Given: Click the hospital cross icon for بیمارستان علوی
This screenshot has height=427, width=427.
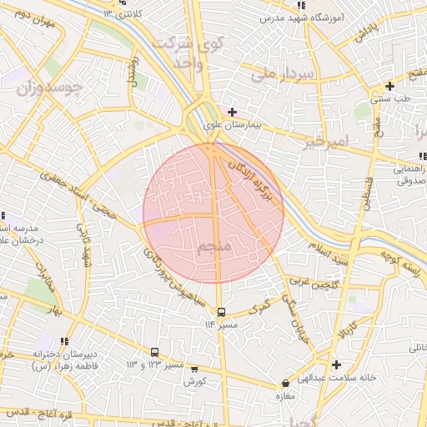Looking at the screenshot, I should coord(232,111).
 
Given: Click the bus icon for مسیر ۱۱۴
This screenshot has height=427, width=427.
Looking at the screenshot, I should coord(221,313).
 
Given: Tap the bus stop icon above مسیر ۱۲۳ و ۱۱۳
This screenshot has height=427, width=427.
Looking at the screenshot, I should coord(154,352).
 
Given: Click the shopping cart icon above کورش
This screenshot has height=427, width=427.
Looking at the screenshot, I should coord(194,369).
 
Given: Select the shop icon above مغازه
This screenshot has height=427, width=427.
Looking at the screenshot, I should coord(286,384).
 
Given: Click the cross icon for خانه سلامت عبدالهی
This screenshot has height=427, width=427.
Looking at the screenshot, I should coord(335,364).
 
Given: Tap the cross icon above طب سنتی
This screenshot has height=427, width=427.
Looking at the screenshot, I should coord(389,86).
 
